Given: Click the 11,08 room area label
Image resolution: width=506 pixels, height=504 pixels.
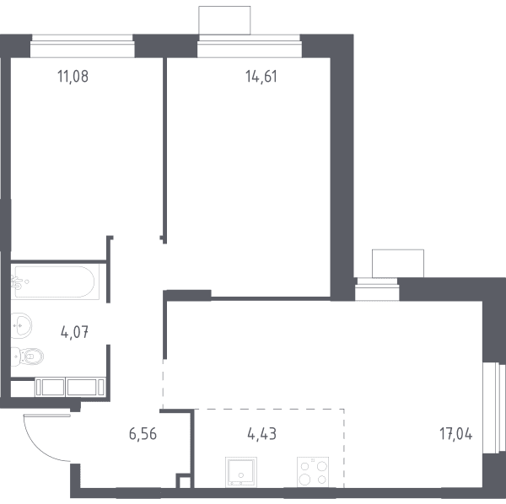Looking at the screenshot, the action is tap(73, 77).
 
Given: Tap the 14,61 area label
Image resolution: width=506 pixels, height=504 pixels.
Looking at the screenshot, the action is tap(261, 77).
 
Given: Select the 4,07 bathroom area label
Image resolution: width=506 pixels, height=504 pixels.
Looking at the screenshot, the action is tap(74, 332).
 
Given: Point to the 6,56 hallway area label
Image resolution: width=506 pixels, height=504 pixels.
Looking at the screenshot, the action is tap(143, 434).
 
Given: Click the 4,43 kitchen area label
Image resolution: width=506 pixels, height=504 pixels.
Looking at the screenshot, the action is tap(261, 434).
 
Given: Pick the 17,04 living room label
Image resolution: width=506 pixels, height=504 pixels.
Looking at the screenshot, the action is tap(455, 434).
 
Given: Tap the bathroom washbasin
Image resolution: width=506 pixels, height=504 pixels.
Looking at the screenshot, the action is tap(21, 325).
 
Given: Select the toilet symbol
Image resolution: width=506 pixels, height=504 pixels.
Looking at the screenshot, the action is tap(28, 357).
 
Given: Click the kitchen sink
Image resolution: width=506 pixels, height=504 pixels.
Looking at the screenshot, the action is tap(241, 471).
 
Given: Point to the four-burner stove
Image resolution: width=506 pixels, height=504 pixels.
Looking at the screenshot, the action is tap(313, 471).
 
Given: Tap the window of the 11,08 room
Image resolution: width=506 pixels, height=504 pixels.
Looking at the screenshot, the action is tap(83, 46).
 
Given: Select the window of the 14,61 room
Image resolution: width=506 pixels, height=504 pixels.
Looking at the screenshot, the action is tap(249, 46).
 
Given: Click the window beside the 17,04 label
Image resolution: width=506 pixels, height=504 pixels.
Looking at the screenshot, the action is tap(494, 408).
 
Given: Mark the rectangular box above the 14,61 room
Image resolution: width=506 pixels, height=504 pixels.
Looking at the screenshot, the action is tap(224, 20).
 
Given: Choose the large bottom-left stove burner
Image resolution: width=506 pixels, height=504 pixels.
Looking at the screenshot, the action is tap(304, 480).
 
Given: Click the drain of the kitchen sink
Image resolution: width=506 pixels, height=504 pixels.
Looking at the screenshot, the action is tap(240, 475).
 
